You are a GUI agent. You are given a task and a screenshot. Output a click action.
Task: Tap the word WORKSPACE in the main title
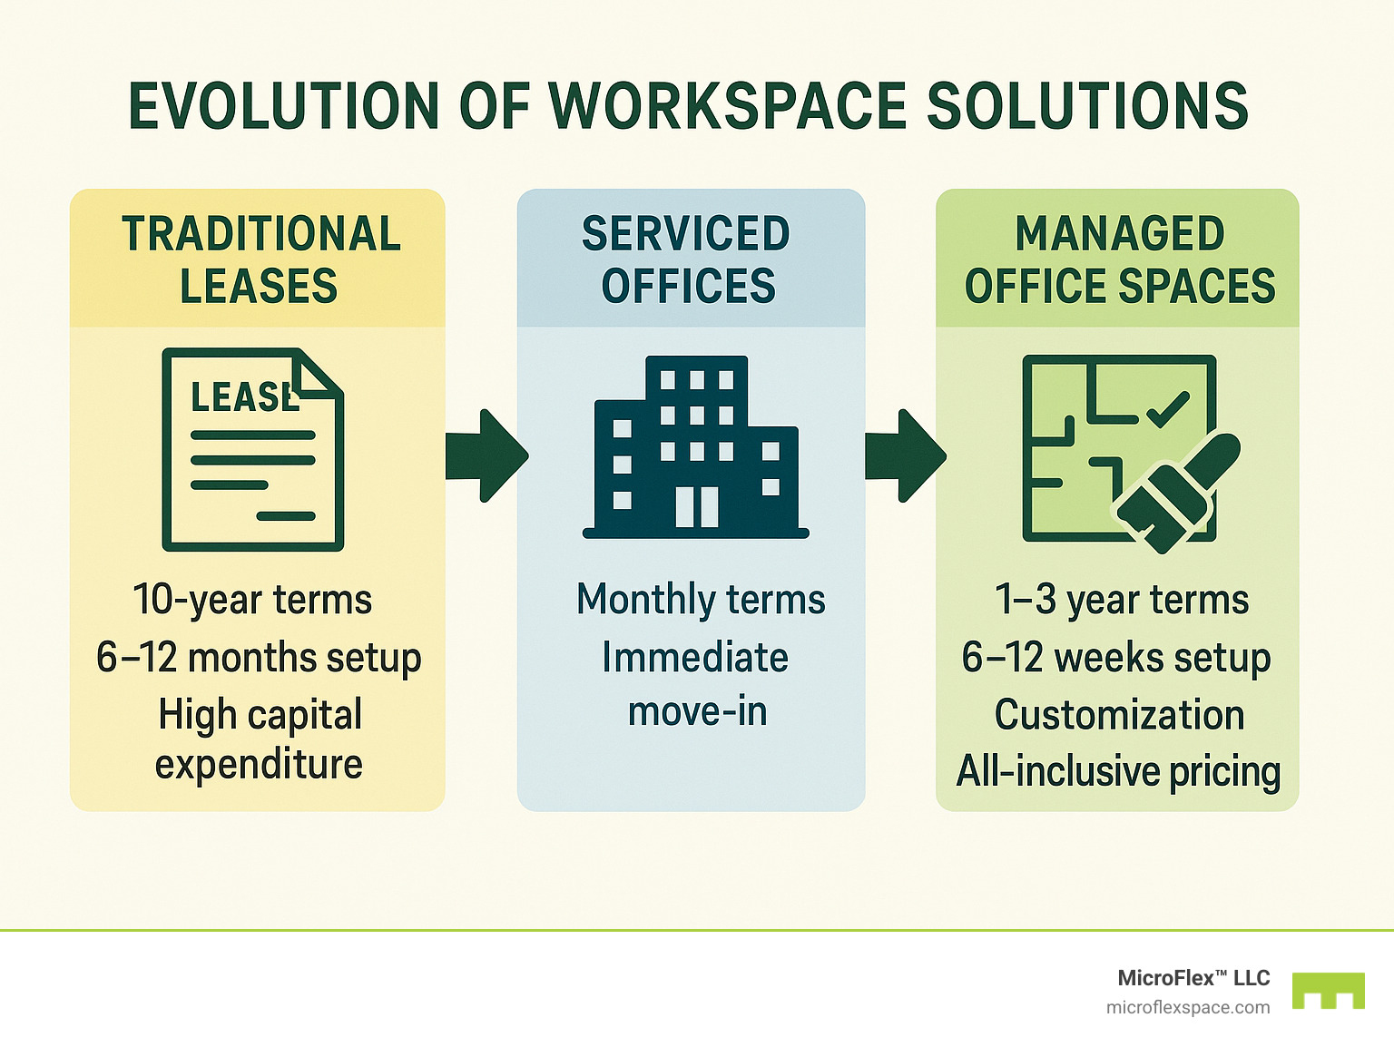[729, 106]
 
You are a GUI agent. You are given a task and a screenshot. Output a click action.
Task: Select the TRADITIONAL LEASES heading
[260, 259]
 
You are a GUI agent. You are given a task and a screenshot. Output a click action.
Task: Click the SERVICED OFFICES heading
[687, 259]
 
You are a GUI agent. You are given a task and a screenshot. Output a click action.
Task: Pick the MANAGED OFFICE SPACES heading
[1119, 259]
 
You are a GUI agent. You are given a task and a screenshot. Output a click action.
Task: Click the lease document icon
[252, 450]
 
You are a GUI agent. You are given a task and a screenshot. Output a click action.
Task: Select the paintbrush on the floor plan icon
[1178, 491]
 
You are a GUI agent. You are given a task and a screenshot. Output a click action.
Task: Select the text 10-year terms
[252, 600]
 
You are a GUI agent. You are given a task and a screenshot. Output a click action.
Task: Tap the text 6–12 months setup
[259, 657]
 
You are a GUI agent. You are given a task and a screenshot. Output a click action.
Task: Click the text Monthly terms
[701, 600]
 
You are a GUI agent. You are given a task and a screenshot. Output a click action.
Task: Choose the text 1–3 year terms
[1122, 600]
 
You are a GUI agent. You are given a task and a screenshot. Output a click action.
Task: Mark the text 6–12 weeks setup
[1116, 657]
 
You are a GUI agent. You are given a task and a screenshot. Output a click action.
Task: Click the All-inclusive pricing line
[1118, 771]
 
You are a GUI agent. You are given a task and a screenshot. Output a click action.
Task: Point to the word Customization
[1119, 715]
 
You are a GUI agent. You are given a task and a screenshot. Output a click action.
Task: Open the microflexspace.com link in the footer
[1188, 1007]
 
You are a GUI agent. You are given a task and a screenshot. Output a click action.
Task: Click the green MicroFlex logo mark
[1328, 990]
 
